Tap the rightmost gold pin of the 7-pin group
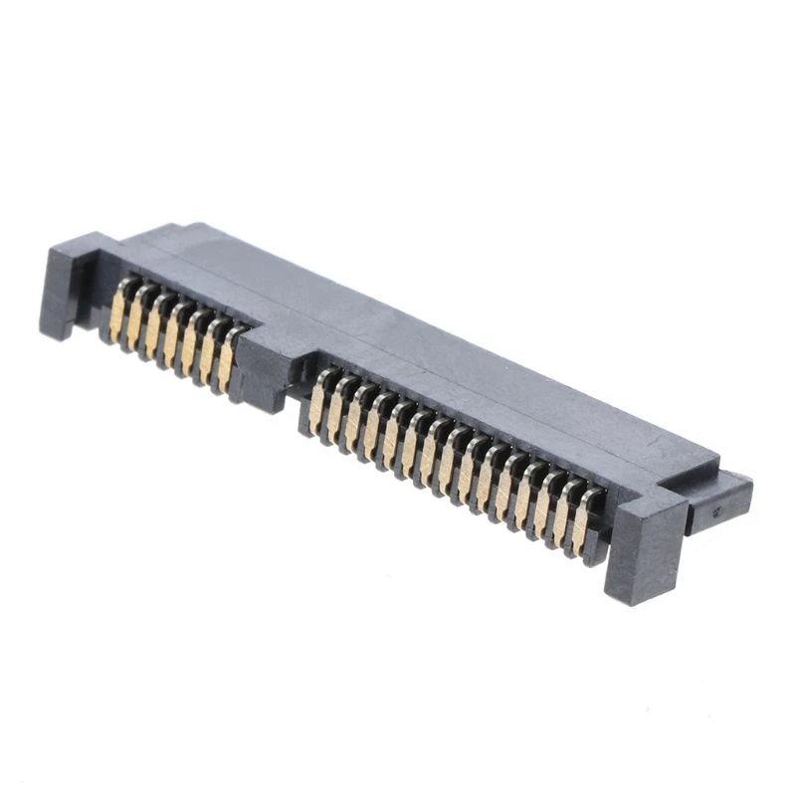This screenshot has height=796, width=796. (x=228, y=360)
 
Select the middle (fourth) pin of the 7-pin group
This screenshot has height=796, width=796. (x=173, y=335)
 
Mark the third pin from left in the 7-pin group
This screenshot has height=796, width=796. (x=155, y=327)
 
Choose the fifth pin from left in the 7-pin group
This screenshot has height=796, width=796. (x=192, y=344)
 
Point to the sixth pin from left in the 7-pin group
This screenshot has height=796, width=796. (x=210, y=352)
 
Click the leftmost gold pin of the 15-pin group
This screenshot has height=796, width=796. (x=318, y=402)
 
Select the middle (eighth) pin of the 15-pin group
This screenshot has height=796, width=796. (x=449, y=461)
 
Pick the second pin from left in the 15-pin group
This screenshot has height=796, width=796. (x=337, y=410)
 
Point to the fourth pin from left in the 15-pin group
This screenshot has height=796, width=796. (x=374, y=427)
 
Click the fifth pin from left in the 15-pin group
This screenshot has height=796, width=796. (x=393, y=435)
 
